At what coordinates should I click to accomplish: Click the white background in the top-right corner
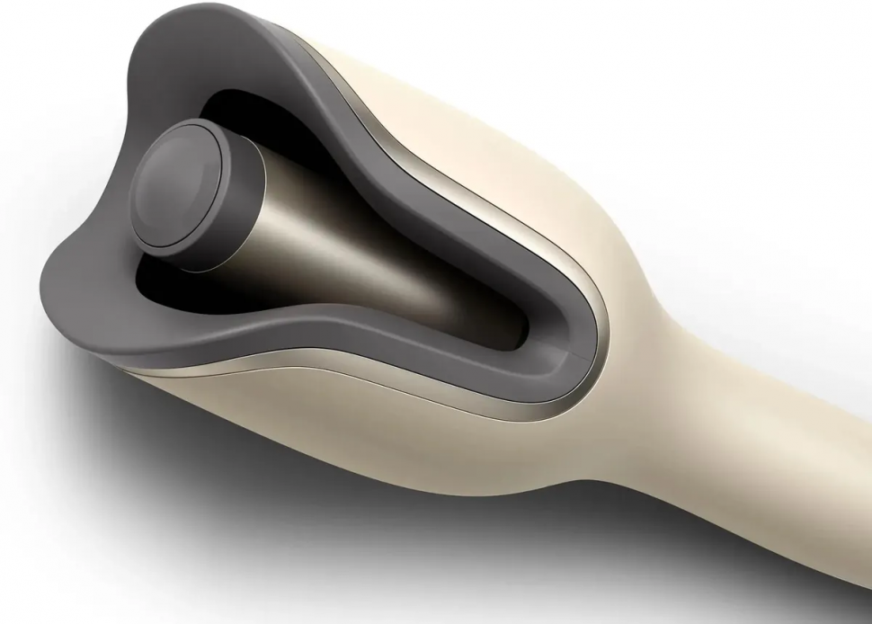pos(809,54)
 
